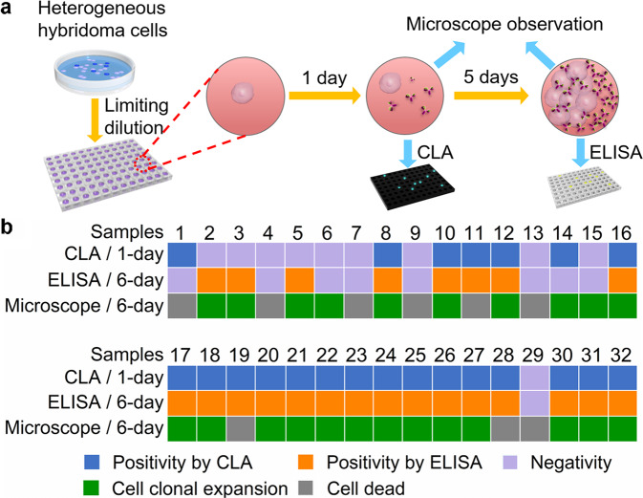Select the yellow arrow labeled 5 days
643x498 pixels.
coord(488,97)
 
